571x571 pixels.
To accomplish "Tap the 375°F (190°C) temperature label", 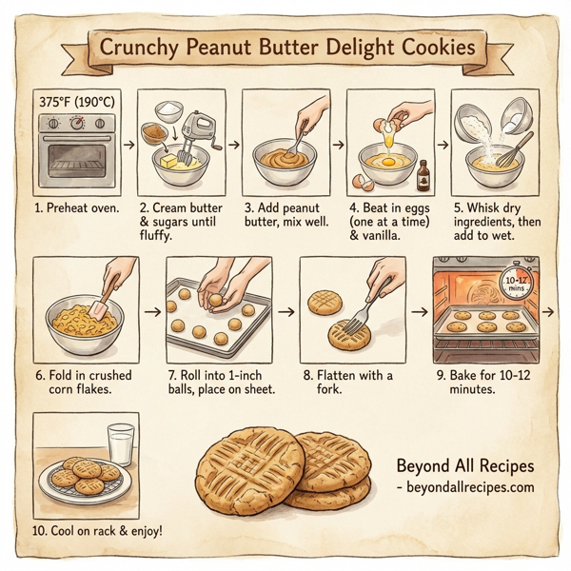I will point(79,100).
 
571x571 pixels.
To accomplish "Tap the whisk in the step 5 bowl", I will point(513,148).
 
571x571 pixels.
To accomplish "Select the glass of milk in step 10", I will point(121,444).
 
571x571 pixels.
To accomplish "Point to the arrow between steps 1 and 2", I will point(128,148).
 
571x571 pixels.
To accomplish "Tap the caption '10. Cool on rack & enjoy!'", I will point(99,529).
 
